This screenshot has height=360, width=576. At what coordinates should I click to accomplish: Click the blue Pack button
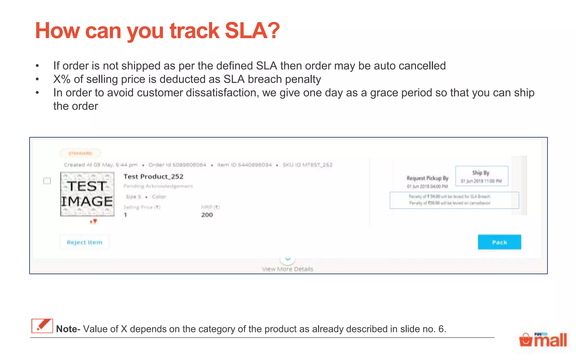[x=499, y=242]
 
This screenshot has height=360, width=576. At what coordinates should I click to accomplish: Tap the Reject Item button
[x=84, y=242]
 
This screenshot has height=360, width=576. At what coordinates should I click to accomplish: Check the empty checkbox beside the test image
[x=47, y=181]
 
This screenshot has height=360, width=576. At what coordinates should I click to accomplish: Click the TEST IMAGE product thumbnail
[x=87, y=194]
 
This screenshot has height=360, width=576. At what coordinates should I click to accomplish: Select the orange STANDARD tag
[x=80, y=153]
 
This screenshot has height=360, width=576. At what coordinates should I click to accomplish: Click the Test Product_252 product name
[x=153, y=177]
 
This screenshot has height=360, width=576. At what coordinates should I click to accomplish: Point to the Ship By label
[x=481, y=173]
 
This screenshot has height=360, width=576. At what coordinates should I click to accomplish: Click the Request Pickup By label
[x=427, y=178]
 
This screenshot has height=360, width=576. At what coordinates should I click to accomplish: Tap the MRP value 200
[x=207, y=215]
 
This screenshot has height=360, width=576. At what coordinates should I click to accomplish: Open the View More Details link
[x=287, y=269]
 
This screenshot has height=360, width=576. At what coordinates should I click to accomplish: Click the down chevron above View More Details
[x=288, y=259]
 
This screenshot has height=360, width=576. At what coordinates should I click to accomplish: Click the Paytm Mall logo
[x=543, y=340]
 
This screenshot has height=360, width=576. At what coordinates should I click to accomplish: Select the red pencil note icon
[x=42, y=326]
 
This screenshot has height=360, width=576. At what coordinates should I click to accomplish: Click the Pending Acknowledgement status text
[x=158, y=186]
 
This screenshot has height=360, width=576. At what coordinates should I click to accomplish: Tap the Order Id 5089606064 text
[x=177, y=165]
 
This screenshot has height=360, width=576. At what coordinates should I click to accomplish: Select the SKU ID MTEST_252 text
[x=307, y=165]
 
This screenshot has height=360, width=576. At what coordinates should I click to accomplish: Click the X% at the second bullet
[x=62, y=79]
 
